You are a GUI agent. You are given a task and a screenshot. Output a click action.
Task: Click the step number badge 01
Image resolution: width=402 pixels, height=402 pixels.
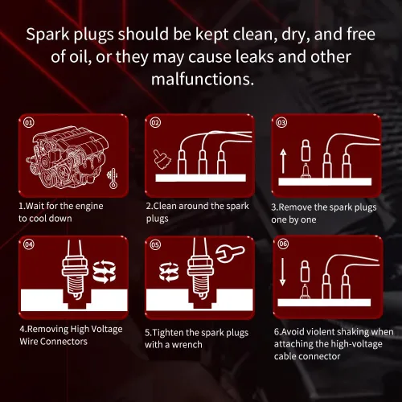(29, 123)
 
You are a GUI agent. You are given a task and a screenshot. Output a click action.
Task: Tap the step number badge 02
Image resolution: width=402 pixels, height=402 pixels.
(155, 123)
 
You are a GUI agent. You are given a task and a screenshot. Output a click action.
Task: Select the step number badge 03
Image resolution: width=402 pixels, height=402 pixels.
(281, 123)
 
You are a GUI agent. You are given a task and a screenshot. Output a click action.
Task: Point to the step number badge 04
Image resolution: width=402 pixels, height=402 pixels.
(29, 244)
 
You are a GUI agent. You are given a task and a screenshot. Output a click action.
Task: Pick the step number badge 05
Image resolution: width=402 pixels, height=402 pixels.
(155, 244)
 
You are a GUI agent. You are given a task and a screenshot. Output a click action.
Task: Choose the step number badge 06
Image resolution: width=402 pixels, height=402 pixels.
(283, 244)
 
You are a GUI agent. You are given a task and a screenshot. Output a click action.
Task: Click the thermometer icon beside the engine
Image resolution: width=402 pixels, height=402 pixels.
(113, 178)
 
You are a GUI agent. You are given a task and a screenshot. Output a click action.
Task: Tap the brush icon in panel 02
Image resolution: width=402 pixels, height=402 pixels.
(162, 159)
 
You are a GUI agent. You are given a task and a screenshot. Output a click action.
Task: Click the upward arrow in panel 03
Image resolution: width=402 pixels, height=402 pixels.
(283, 162)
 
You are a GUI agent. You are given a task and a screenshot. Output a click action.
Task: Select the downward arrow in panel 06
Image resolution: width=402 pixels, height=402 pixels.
(282, 272)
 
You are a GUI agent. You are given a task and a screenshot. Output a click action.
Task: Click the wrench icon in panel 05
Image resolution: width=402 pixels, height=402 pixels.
(230, 254)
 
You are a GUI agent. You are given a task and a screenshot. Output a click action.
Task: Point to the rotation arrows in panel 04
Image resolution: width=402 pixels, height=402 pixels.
(104, 273)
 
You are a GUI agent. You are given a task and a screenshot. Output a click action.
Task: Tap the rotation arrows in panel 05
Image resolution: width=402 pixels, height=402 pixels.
(169, 272)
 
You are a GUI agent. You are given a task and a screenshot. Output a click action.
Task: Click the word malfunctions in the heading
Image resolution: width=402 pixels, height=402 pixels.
(203, 79)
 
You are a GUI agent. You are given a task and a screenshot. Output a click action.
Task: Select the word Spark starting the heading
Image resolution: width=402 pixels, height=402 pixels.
(47, 35)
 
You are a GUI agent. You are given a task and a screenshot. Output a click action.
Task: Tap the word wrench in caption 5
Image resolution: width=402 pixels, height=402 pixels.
(187, 345)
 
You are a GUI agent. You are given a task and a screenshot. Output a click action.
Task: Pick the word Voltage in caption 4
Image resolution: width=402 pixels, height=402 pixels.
(107, 329)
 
